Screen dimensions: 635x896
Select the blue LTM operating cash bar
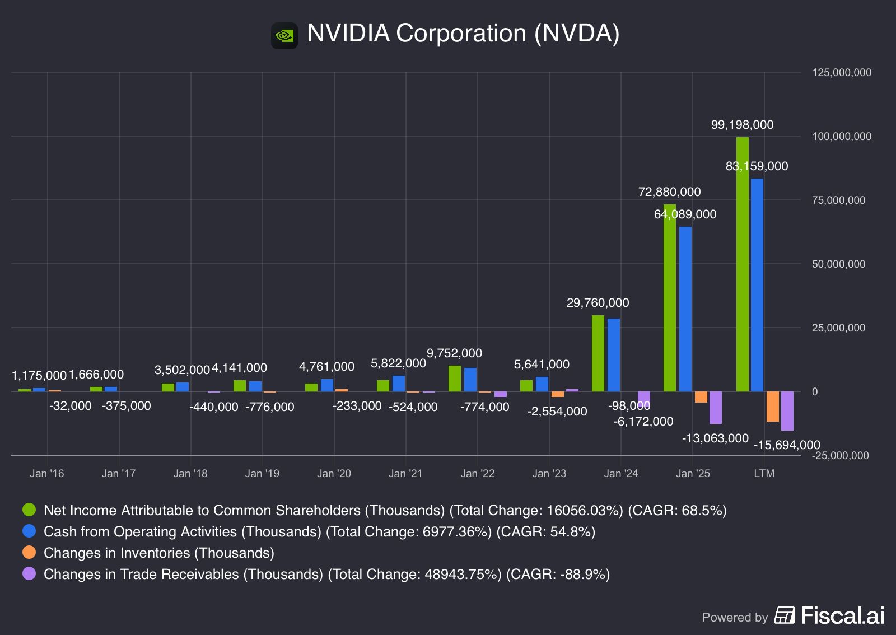tap(757, 285)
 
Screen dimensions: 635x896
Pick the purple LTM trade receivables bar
tap(787, 411)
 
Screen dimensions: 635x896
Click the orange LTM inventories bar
tap(773, 407)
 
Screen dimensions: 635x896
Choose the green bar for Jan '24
tap(598, 353)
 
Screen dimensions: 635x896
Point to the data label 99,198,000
tap(742, 125)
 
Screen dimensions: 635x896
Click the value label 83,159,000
tap(757, 166)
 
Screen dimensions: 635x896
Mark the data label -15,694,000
tap(787, 445)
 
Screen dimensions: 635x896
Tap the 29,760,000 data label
tap(598, 303)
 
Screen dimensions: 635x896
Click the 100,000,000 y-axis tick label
tap(842, 137)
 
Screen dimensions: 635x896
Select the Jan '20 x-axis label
tap(334, 474)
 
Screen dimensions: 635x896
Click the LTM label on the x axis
tap(764, 474)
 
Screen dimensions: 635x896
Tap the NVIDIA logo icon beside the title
tap(284, 36)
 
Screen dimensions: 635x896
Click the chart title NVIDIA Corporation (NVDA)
tap(463, 34)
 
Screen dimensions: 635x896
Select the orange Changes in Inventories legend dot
tap(29, 553)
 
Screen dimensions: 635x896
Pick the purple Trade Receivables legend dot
tap(29, 574)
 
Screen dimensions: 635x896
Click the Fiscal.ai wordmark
tap(843, 615)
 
